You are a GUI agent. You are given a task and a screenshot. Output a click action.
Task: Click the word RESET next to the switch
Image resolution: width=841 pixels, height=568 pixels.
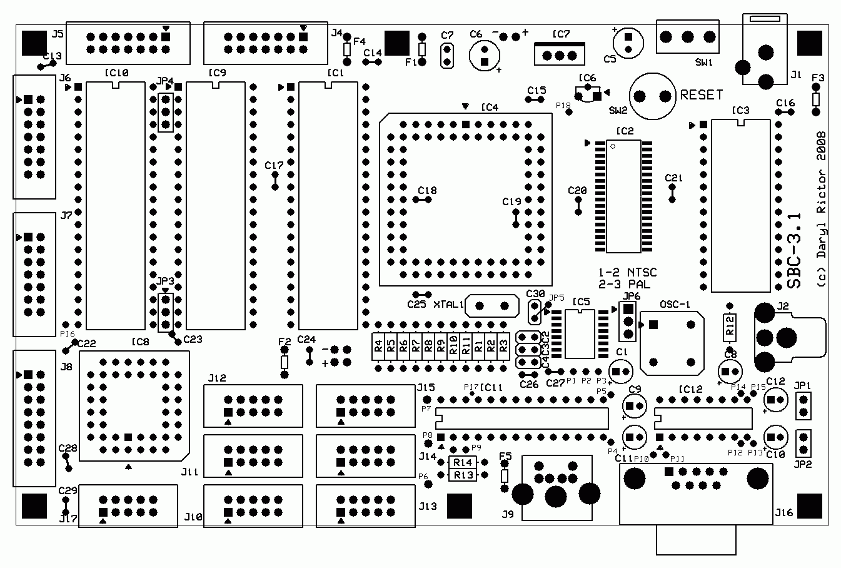point(701,95)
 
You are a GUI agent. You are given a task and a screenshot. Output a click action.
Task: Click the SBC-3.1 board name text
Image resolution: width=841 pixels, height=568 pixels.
point(794,250)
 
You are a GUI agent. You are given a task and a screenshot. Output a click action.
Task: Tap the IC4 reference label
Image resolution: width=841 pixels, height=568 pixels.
point(490,107)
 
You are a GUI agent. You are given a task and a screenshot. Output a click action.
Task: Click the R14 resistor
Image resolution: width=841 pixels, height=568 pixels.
point(463,462)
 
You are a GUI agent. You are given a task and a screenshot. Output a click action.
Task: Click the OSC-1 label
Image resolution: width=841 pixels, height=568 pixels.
point(675,305)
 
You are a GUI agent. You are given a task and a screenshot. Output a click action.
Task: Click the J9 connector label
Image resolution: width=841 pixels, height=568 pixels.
point(507,515)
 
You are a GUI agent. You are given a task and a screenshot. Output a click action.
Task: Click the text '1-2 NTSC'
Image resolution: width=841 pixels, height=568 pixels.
point(627,273)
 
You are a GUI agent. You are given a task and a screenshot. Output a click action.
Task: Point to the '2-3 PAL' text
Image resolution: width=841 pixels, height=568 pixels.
point(624,283)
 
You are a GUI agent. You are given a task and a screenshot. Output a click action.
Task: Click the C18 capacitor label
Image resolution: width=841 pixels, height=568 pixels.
point(428,190)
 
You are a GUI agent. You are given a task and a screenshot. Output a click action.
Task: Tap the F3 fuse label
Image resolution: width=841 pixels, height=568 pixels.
point(817,78)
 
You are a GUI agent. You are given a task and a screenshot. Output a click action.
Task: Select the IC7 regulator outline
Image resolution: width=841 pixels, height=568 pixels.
point(560,54)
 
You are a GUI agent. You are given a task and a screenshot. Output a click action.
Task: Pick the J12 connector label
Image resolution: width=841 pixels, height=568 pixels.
point(217,377)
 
